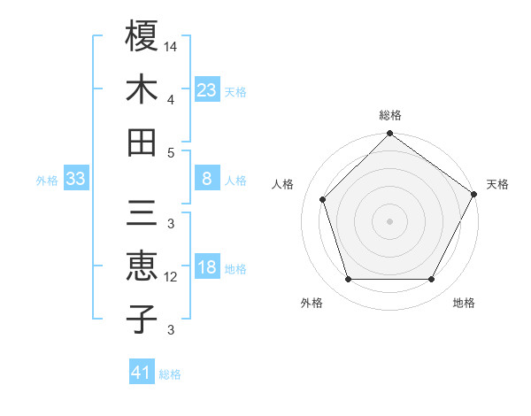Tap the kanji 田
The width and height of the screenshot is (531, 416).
(142, 143)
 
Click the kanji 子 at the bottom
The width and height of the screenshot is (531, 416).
(142, 319)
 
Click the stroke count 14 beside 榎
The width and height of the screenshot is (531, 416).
(171, 44)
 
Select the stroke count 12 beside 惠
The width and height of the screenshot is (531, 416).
(171, 277)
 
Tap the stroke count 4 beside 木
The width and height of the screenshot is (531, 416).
(171, 99)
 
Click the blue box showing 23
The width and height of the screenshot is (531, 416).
(207, 89)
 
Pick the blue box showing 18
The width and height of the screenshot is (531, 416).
(207, 268)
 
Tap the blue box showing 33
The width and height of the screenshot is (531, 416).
(76, 180)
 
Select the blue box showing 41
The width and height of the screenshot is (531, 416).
(142, 373)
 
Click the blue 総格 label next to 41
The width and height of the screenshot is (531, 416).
(170, 374)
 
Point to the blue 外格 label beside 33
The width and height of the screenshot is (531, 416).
(47, 181)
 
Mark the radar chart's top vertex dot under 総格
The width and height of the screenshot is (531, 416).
(389, 135)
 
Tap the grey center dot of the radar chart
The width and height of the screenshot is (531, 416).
(389, 220)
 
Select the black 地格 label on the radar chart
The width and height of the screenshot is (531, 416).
(464, 303)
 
